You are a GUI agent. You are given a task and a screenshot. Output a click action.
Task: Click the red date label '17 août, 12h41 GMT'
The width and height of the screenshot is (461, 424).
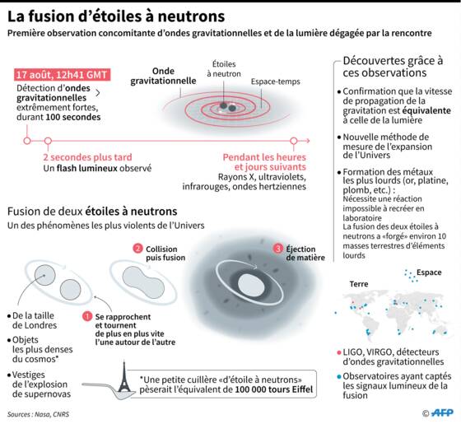tap(63, 75)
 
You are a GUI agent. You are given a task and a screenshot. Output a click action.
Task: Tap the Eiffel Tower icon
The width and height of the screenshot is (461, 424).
tap(124, 377)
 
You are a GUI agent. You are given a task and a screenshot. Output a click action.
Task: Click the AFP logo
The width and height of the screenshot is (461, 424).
tap(442, 412)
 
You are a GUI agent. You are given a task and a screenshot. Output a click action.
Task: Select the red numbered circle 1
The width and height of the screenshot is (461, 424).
tap(87, 316)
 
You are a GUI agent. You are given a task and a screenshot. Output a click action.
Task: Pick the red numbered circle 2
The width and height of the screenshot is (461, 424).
tap(137, 249)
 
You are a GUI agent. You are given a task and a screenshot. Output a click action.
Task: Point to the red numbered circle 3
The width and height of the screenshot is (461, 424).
tap(278, 249)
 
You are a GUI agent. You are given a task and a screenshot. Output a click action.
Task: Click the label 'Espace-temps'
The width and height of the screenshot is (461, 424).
tap(276, 82)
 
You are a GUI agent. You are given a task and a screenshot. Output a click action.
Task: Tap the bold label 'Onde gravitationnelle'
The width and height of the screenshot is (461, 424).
tap(163, 76)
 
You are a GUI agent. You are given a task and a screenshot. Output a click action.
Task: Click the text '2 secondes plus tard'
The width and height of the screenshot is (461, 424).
tap(87, 157)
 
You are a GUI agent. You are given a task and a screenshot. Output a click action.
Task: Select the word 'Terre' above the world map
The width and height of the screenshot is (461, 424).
tap(359, 284)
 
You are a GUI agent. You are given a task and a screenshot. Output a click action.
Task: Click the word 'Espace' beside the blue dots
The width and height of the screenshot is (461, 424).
tap(429, 273)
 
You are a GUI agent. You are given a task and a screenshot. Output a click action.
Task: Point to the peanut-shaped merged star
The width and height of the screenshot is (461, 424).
tap(143, 282)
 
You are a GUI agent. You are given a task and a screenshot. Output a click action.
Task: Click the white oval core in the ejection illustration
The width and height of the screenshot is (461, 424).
tap(252, 286)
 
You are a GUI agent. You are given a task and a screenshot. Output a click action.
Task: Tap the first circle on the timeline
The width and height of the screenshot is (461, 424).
tap(27, 141)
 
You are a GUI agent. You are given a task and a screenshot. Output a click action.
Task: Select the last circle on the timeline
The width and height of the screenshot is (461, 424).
tap(294, 141)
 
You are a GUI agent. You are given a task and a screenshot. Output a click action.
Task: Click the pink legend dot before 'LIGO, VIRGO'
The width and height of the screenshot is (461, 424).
tap(339, 352)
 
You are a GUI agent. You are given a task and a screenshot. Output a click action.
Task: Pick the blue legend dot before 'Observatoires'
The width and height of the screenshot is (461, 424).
tap(339, 376)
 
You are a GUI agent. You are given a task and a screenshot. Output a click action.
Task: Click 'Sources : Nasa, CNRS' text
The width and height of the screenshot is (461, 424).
tap(38, 414)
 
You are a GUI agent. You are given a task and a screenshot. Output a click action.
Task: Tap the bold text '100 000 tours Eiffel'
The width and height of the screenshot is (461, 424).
tap(273, 389)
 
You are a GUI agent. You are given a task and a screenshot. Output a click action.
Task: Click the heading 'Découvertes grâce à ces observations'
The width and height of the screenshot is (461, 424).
tap(393, 67)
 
